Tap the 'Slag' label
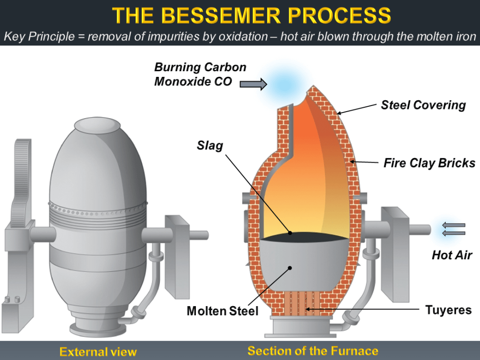coord(210,145)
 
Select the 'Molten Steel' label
coord(222,311)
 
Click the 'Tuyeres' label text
coord(448,310)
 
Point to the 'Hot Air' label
coord(452,255)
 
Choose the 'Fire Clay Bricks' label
coord(429,163)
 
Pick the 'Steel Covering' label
coord(423,105)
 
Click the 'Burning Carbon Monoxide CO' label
coord(200,74)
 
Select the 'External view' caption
coord(98,352)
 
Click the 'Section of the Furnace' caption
coord(313,351)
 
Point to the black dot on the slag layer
coord(290,232)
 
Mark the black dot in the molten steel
coord(291,268)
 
